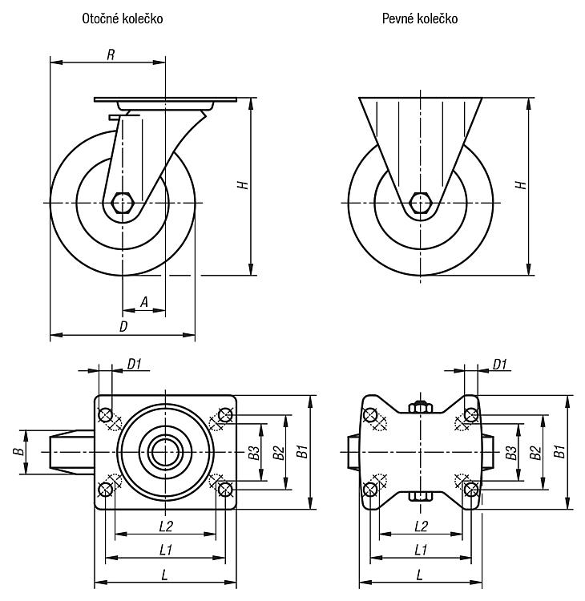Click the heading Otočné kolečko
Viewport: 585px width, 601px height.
pos(123,18)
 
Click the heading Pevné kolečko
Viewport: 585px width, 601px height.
pos(420,18)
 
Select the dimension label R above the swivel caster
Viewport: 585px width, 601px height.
pos(111,54)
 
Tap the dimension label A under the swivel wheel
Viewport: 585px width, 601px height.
pos(143,302)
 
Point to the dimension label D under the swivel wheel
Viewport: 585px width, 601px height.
pos(123,327)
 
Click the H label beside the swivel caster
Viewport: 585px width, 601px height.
pos(243,185)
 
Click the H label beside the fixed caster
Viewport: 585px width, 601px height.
pos(522,185)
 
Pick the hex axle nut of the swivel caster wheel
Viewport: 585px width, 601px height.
pos(123,203)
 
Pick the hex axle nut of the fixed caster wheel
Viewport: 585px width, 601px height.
pos(421,203)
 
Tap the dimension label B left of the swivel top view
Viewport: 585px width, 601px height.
pos(18,451)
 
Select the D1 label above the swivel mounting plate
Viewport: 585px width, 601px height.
pos(134,364)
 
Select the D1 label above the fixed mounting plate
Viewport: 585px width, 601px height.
pos(500,364)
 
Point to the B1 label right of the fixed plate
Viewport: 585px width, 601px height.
pos(559,451)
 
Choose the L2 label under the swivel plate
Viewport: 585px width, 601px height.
pos(166,526)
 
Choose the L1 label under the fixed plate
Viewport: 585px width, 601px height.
pos(421,551)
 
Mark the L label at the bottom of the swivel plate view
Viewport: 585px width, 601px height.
pos(164,575)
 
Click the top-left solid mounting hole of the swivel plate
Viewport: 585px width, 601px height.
pos(105,415)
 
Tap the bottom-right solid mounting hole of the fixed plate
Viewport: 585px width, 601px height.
pos(471,489)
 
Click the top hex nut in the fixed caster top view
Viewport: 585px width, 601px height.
pos(421,406)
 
